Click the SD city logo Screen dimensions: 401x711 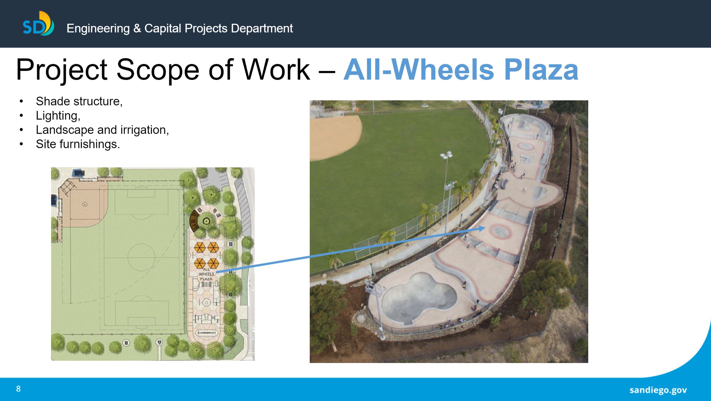pos(38,24)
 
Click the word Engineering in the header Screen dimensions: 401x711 pos(98,28)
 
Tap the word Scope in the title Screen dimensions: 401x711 pos(158,70)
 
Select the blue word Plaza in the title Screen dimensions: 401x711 pos(541,70)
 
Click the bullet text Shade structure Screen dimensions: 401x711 pos(79,101)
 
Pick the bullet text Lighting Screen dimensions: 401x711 pos(58,116)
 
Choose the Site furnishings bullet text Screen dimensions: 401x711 pos(78,144)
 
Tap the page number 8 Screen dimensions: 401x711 pos(18,389)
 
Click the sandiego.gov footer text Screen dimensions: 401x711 pos(658,390)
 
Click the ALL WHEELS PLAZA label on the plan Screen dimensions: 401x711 pos(206,274)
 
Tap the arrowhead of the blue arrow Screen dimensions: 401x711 pos(482,228)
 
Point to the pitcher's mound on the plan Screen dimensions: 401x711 pos(85,204)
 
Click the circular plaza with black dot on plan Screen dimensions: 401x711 pos(206,221)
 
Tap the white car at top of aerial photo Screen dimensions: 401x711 pos(424,105)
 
